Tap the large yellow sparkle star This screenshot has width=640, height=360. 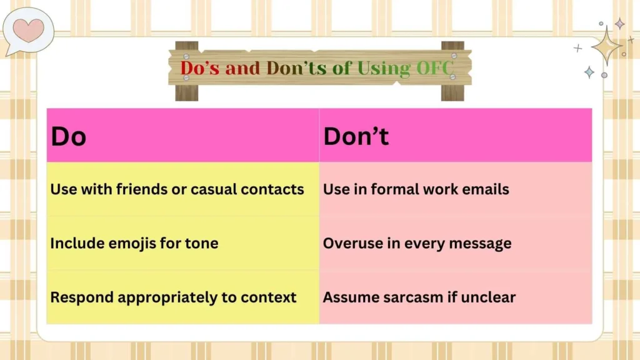click(606, 46)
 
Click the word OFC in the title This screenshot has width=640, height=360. click(431, 68)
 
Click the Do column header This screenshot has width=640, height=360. click(68, 136)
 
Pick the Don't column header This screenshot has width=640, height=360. click(356, 136)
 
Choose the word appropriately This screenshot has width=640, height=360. click(174, 297)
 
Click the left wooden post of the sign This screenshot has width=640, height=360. click(186, 91)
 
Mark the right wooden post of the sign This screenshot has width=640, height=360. click(452, 91)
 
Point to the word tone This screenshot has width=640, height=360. click(202, 243)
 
